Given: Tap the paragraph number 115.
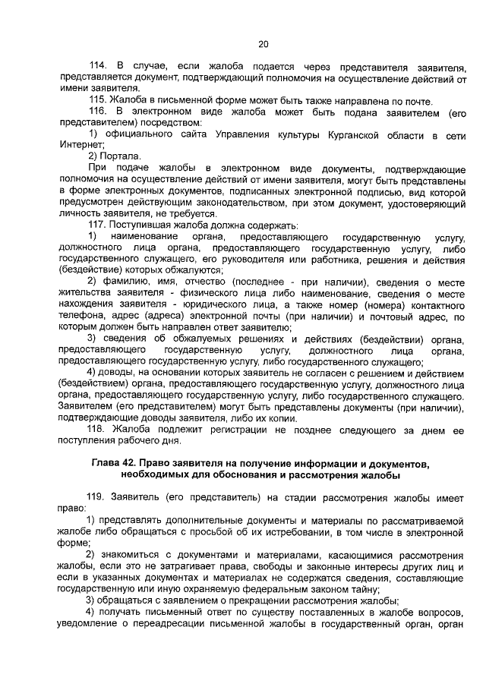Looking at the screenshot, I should [x=99, y=101].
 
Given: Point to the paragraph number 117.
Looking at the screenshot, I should [x=99, y=225].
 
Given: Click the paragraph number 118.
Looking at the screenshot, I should [x=99, y=429].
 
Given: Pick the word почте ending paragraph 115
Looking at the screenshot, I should [x=438, y=101].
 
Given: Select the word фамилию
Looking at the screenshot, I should [x=124, y=282].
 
